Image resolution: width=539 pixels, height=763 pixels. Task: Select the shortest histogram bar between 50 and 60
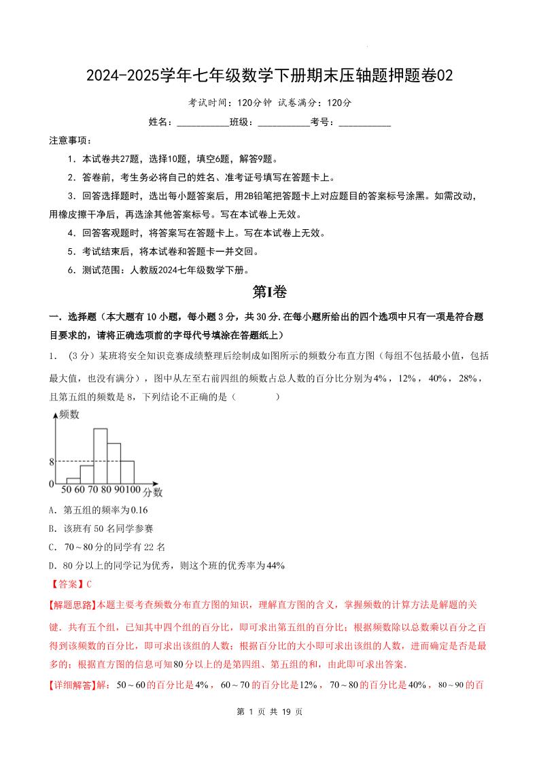(73, 481)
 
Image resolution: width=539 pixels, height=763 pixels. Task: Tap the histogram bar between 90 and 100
(127, 472)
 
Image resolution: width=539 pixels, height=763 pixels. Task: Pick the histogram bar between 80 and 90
(114, 463)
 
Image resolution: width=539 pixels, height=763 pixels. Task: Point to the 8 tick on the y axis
(51, 462)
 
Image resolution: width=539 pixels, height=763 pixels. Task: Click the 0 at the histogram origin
(51, 484)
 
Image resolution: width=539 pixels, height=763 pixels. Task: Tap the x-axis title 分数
(152, 491)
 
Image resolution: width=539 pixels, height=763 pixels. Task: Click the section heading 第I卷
(270, 292)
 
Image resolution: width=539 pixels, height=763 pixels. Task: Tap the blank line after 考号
(364, 123)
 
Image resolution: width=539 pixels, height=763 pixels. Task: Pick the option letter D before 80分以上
(52, 565)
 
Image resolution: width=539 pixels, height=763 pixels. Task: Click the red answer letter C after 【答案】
(88, 583)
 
